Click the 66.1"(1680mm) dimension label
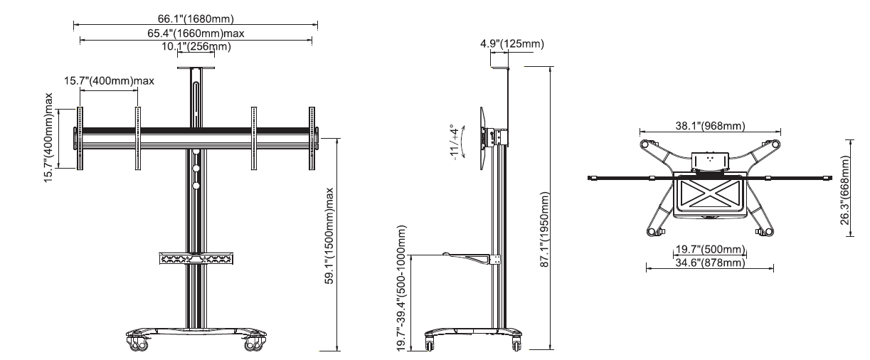coord(196,18)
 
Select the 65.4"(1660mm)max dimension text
coord(196,33)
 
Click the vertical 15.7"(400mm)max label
coord(48,137)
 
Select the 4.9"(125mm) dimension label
coord(512,44)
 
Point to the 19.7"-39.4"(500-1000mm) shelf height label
coord(403,288)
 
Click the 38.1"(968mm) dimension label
coord(709,126)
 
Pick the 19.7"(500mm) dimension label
coord(709,249)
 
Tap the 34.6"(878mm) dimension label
coord(709,263)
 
